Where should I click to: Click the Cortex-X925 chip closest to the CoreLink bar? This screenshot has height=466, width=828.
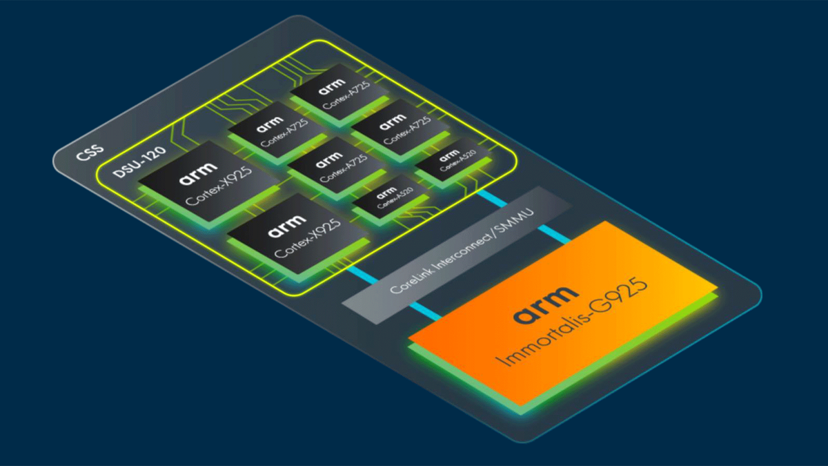297,235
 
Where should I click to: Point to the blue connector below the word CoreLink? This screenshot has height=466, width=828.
426,310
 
